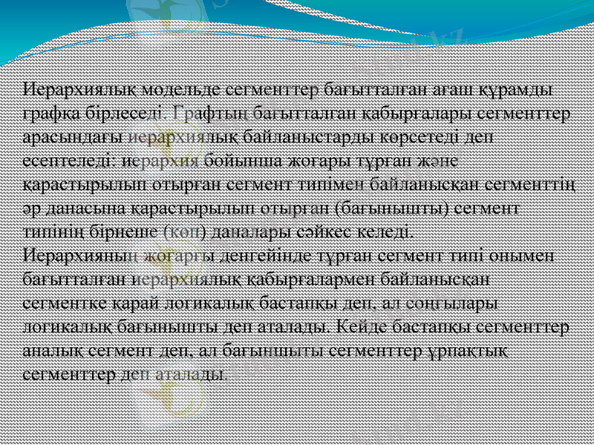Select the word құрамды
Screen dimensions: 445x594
517,89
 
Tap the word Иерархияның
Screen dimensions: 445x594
79,256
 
